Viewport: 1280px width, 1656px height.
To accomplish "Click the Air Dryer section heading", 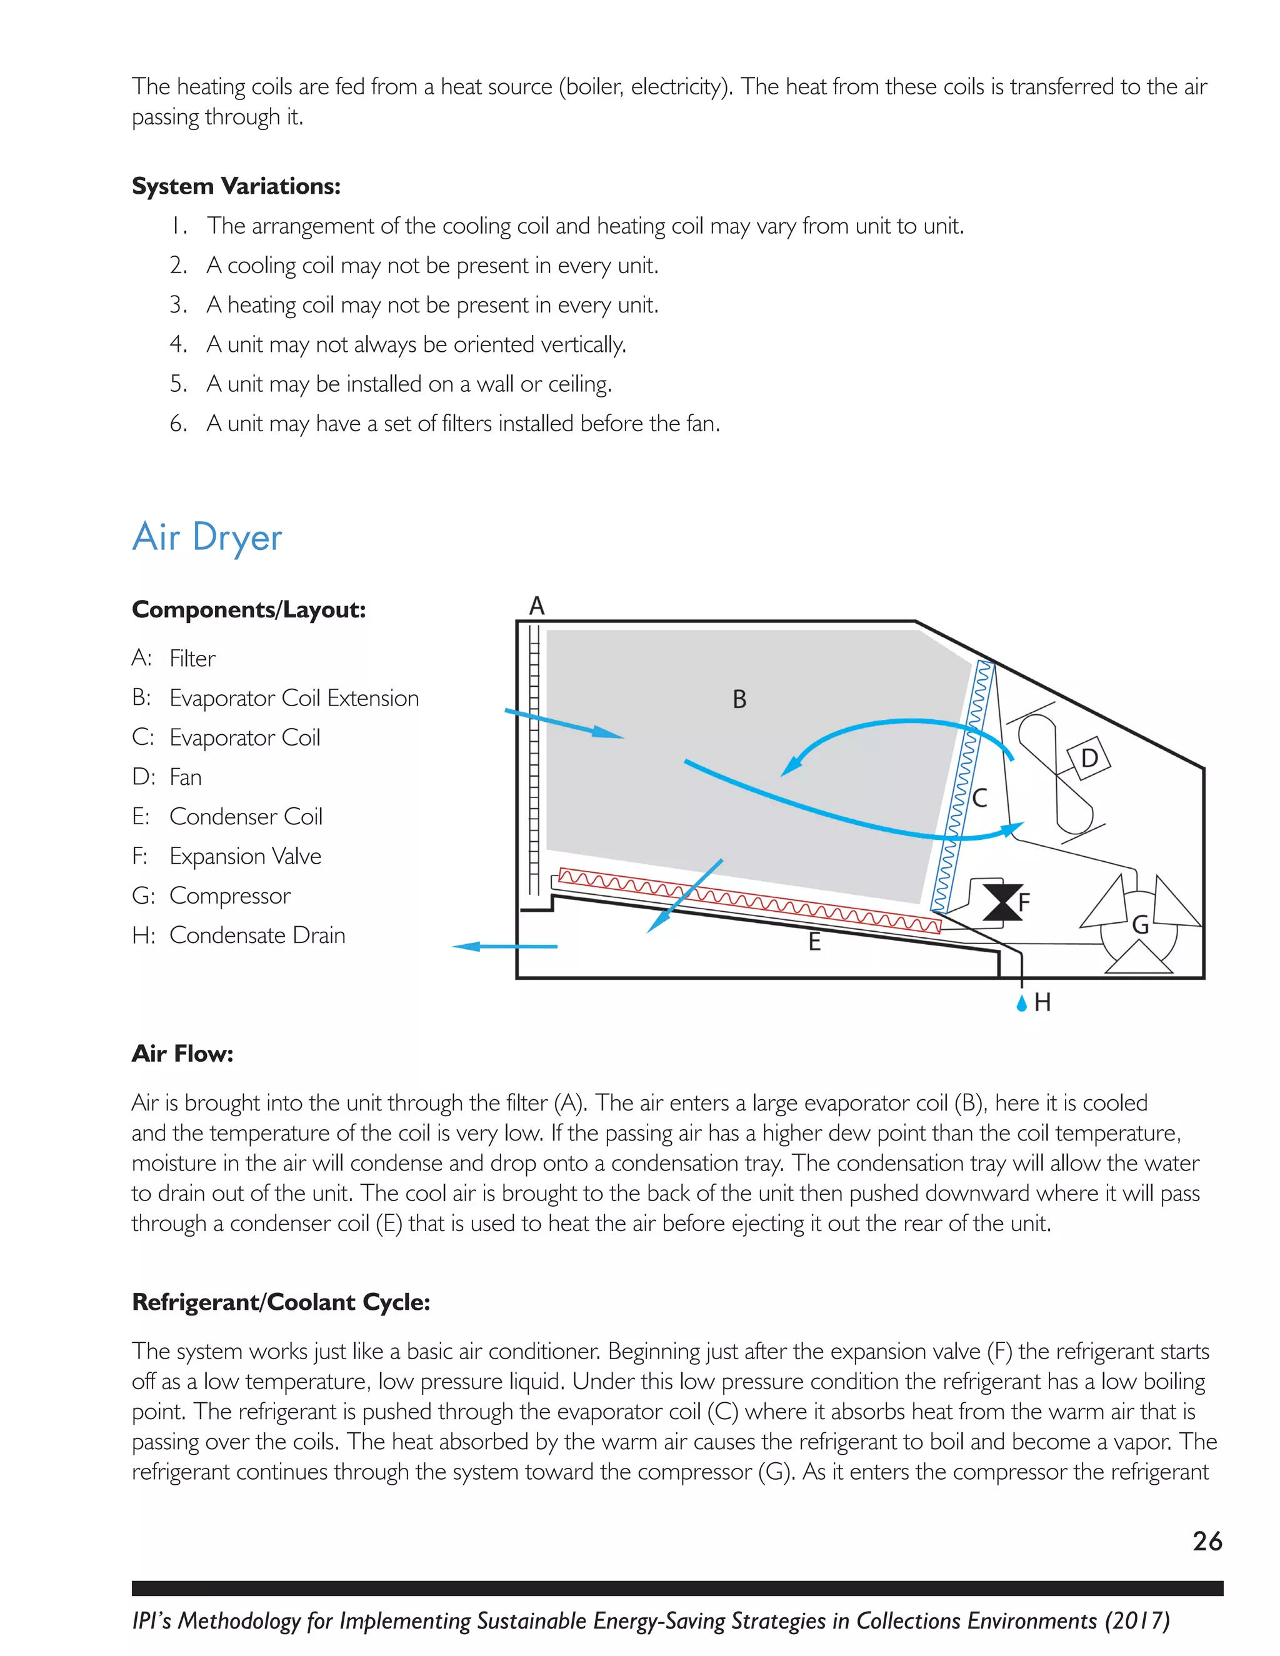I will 207,537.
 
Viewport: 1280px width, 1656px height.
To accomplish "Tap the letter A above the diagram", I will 537,606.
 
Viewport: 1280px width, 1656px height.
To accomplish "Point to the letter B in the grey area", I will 739,699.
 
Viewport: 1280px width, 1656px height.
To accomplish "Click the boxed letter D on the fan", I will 1089,757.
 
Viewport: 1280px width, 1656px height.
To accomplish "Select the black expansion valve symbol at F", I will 1002,902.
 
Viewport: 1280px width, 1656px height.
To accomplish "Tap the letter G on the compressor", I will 1140,925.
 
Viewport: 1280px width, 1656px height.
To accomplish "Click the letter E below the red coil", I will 814,942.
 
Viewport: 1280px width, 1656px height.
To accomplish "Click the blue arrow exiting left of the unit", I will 504,946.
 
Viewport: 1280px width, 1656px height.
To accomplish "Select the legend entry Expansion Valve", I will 245,856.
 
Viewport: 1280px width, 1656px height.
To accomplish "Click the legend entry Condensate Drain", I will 257,935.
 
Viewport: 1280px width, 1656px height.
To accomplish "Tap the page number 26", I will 1206,1542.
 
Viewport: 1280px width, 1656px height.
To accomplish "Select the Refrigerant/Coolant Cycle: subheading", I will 281,1302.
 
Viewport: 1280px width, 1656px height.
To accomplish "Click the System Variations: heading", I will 236,186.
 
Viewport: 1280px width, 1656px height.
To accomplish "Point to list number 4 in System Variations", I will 177,344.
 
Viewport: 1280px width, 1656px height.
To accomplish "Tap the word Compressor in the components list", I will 230,895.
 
